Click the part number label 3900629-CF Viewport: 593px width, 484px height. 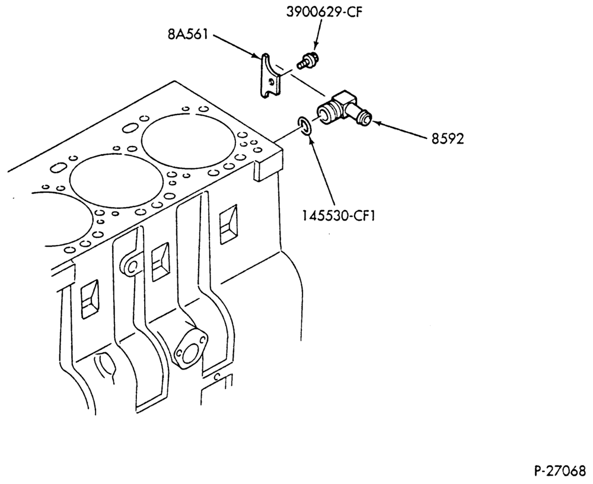pos(324,12)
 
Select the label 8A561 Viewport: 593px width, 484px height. pos(187,34)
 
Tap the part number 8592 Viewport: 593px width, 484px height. pos(447,139)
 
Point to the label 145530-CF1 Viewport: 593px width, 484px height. pos(338,216)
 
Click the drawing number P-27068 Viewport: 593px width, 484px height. pos(560,471)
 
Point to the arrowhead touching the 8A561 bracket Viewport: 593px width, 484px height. pos(257,56)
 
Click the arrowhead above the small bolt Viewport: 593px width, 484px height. pos(315,46)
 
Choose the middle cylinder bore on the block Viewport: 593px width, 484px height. pos(116,180)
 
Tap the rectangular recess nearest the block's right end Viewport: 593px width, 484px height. pos(229,224)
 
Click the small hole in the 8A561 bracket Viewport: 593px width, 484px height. pos(270,81)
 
